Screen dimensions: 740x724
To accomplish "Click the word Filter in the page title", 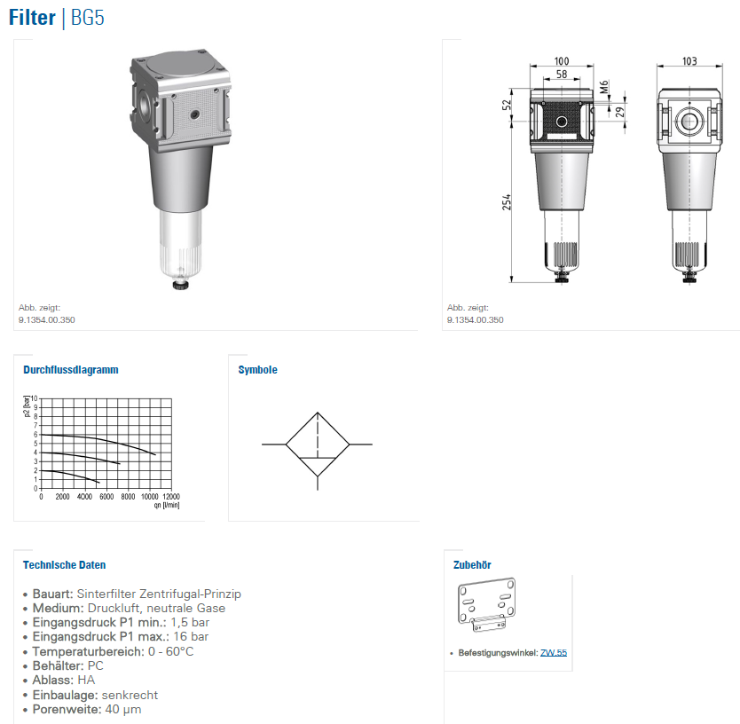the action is [32, 18].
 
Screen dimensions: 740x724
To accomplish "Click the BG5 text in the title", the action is [87, 18].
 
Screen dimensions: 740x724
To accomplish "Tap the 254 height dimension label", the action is [507, 202].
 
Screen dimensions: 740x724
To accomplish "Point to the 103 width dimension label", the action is [689, 61].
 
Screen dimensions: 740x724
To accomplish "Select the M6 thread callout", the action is [604, 87].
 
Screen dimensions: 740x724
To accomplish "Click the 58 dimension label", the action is [562, 75].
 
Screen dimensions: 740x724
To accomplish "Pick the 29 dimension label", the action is [619, 112].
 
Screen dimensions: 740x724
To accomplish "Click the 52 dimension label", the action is [507, 105].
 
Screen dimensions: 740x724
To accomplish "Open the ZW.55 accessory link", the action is [554, 653].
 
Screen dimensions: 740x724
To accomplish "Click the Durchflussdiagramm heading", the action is [71, 370].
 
